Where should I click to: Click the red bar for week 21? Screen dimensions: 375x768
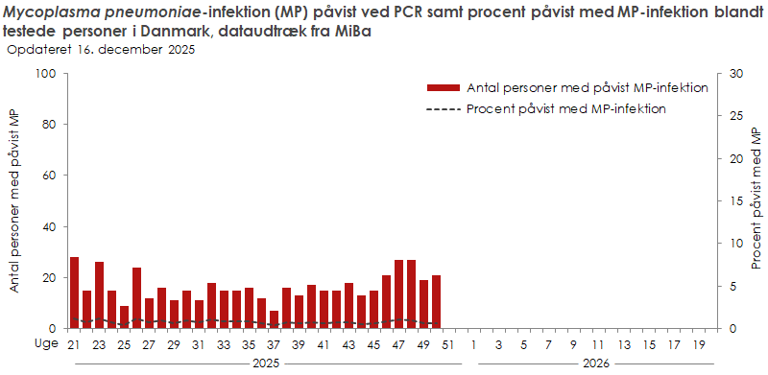point(74,293)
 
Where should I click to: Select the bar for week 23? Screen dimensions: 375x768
point(99,295)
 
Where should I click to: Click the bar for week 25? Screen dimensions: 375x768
point(124,316)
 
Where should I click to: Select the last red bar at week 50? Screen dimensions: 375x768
point(436,302)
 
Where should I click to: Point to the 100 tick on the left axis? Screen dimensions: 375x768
point(45,74)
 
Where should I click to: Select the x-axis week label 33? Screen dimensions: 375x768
point(224,344)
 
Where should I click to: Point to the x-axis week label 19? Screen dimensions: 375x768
point(698,344)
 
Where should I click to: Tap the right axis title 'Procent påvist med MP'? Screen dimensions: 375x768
point(756,201)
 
